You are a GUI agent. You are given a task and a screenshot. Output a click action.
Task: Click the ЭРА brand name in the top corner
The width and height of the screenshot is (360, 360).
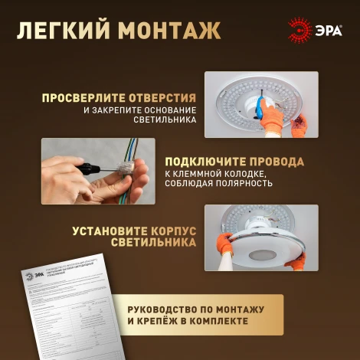pos(326,30)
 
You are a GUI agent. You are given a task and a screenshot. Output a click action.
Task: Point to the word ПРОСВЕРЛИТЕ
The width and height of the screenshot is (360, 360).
pos(84,98)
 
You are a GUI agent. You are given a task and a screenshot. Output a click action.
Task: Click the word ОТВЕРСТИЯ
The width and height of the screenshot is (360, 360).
pos(162,98)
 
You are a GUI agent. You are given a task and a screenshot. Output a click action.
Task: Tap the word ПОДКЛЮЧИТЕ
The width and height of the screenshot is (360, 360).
pos(204,162)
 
